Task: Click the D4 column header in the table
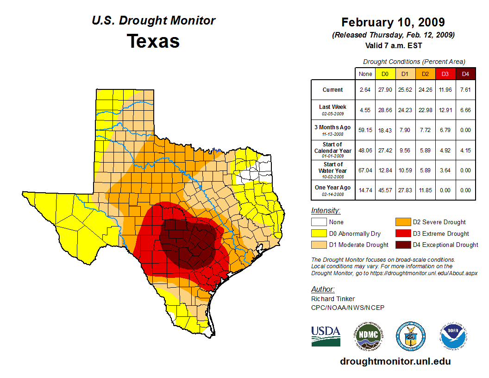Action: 465,74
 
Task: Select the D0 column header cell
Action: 385,74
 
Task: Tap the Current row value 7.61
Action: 465,90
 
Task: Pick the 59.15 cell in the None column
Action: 365,130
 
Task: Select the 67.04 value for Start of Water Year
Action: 365,170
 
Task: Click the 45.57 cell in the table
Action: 385,190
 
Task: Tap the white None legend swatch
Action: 318,222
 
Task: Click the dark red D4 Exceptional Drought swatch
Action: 401,245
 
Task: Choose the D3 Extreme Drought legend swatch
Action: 401,233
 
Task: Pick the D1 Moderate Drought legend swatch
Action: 318,245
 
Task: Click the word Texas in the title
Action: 153,41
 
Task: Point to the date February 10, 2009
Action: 393,22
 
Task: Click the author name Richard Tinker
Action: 333,299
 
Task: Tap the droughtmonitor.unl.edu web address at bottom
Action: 395,361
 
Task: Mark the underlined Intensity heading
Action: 326,211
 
